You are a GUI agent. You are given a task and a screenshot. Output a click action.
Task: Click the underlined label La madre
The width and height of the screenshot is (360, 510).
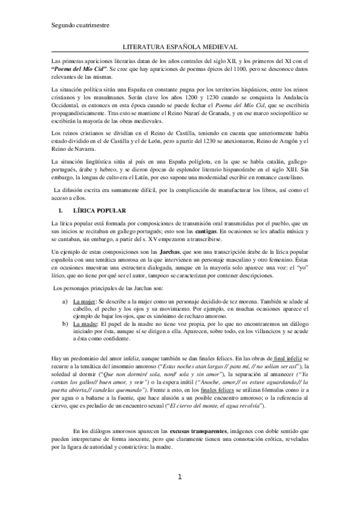[85, 323]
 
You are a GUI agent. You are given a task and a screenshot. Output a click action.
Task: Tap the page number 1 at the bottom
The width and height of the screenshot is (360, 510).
[180, 494]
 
